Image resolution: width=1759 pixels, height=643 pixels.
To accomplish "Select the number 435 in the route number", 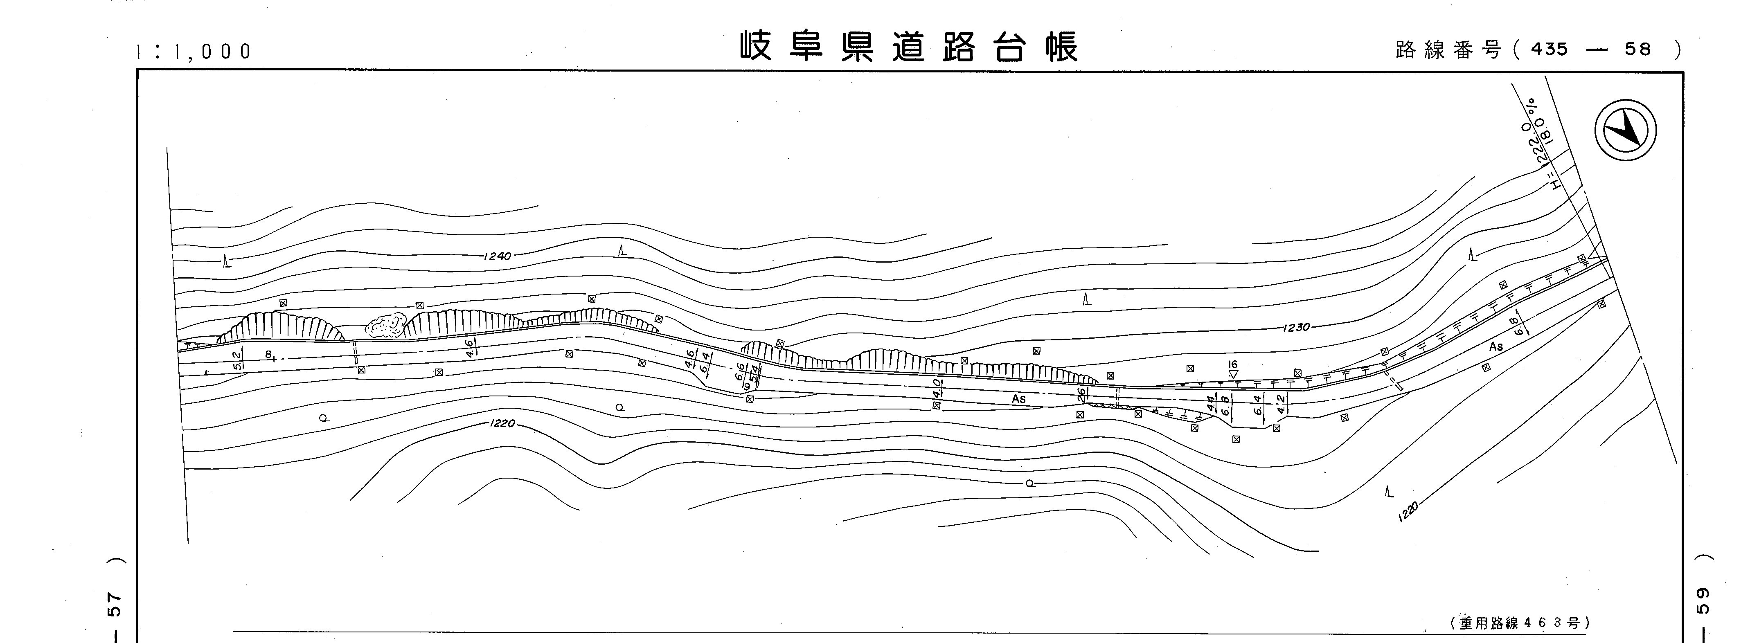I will click(1549, 49).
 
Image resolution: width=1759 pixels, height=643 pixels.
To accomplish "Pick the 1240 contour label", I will click(497, 256).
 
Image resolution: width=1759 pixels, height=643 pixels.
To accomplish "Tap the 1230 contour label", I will click(1296, 328).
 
